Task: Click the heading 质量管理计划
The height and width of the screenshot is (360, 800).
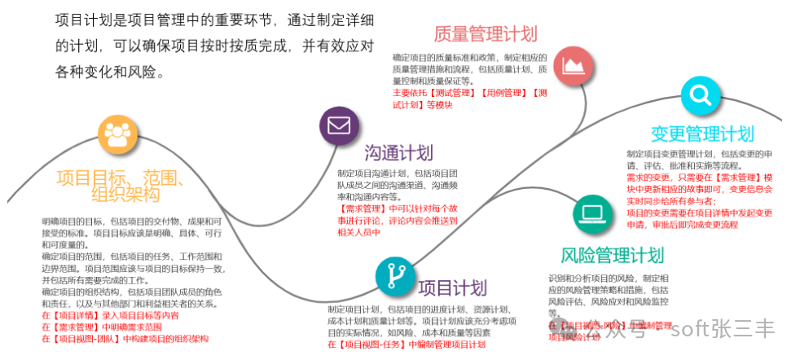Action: [486, 34]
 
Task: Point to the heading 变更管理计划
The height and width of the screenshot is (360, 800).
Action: [702, 134]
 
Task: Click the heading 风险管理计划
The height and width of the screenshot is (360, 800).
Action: [613, 257]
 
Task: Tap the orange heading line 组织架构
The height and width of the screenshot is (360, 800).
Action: [125, 195]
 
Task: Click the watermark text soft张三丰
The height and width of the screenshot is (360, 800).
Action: [723, 329]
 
